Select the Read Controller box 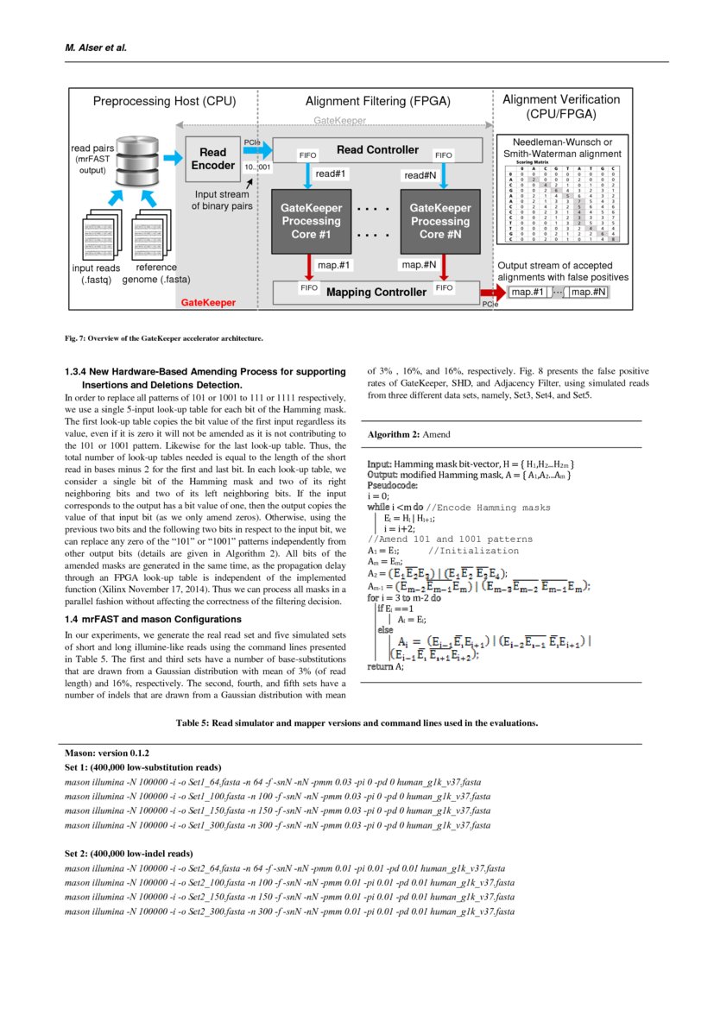[377, 150]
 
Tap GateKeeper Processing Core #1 [312, 221]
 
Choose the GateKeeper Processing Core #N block [439, 221]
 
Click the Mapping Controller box [376, 292]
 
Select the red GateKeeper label [207, 303]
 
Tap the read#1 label [331, 174]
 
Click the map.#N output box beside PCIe [589, 293]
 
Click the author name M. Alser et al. [96, 47]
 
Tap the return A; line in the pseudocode [385, 666]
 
